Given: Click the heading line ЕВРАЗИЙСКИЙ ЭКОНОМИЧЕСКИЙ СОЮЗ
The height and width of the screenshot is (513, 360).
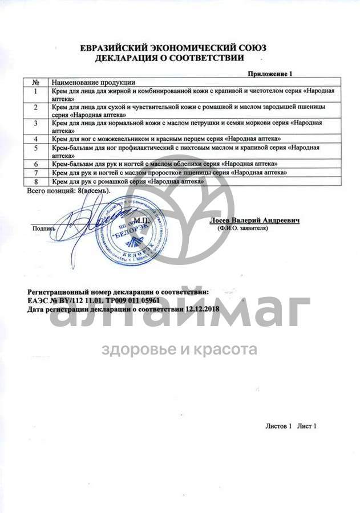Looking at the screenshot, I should click(173, 48).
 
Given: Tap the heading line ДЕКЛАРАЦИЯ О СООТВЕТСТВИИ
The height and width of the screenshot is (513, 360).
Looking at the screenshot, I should click(171, 58).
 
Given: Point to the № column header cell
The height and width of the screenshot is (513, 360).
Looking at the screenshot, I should click(35, 82).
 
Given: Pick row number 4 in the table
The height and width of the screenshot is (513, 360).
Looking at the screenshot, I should click(36, 139).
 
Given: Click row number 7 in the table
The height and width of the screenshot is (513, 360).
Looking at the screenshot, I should click(36, 172).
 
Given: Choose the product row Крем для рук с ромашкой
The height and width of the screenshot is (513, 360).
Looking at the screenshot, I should click(127, 181).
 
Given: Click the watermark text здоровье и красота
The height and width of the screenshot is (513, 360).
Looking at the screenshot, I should click(179, 349).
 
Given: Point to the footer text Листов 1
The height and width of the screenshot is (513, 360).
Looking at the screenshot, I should click(278, 426).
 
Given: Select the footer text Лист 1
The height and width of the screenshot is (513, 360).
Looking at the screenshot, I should click(306, 426).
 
